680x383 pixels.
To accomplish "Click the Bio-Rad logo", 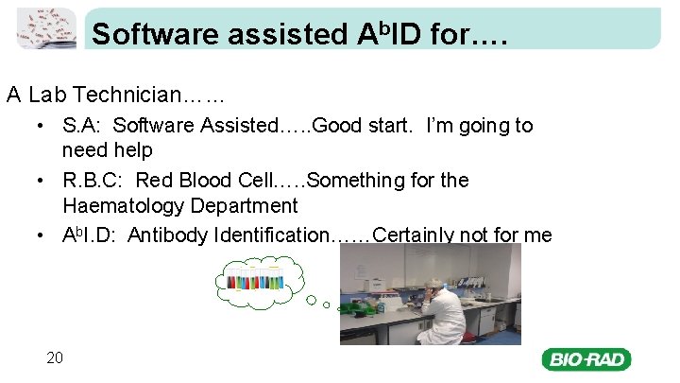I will pos(586,359).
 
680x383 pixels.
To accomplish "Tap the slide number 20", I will pos(55,357).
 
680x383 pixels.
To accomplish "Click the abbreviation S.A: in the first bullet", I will pos(83,126).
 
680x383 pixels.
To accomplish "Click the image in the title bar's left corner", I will pos(46,27).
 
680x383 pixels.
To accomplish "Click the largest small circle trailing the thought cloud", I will pos(312,300).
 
